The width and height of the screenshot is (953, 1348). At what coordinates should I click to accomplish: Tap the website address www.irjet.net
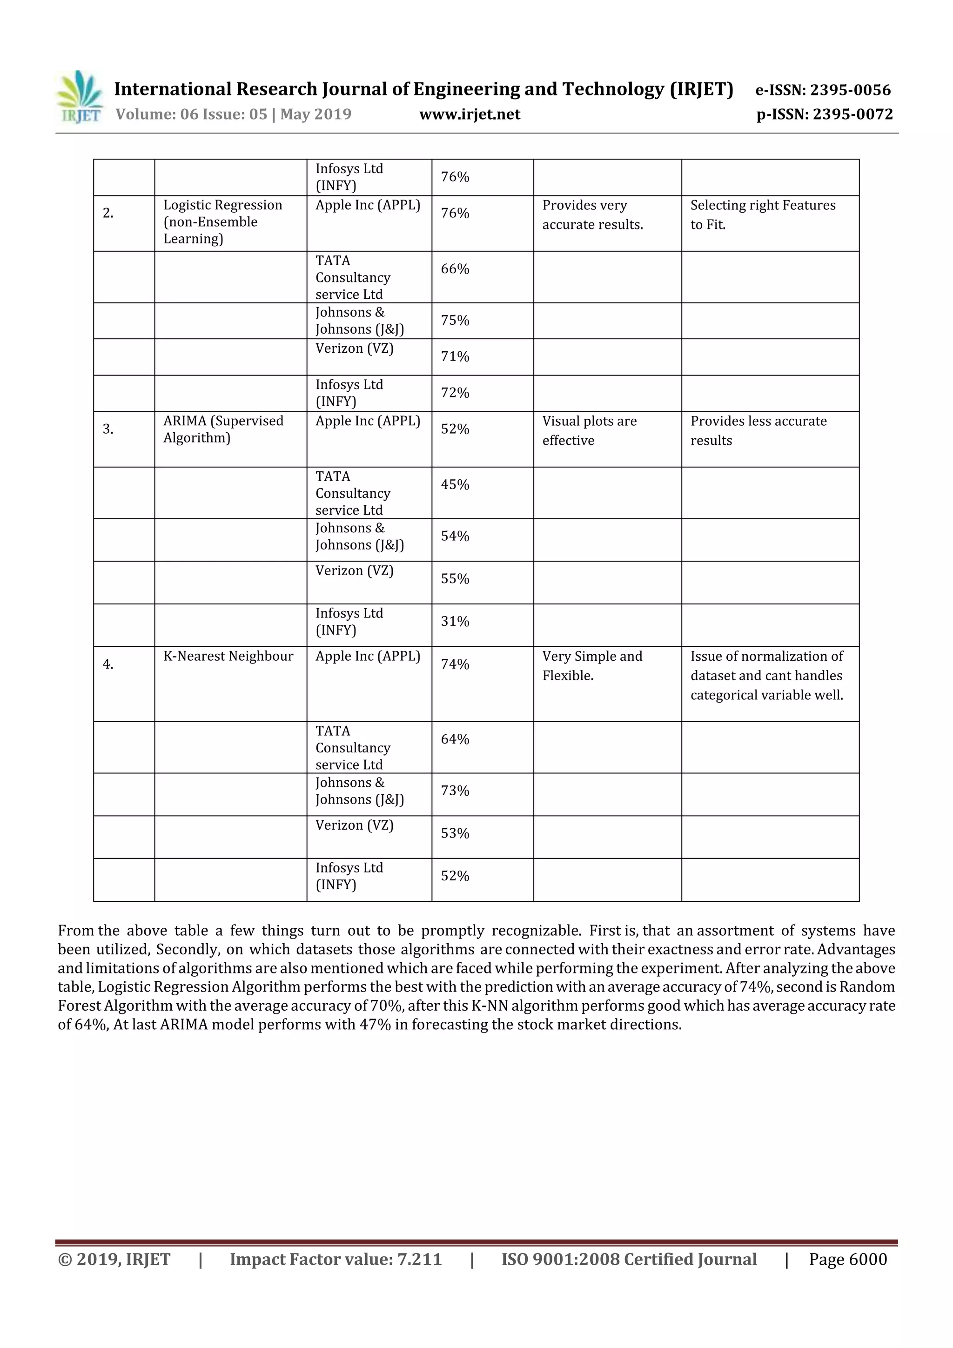[469, 114]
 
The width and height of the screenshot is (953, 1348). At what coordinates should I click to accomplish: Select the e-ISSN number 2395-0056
[823, 90]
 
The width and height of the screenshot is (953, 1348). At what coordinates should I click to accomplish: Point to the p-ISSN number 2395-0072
[825, 114]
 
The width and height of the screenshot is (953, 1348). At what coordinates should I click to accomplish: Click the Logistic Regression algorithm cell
[222, 221]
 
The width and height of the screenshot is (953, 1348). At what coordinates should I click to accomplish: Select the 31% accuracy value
[455, 621]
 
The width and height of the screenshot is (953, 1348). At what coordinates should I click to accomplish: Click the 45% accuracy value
[455, 484]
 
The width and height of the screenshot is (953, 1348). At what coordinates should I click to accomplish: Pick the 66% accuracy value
[455, 268]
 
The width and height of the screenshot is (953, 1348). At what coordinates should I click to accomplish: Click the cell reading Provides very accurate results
[592, 215]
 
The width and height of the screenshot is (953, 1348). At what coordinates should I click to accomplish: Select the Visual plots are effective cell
[589, 430]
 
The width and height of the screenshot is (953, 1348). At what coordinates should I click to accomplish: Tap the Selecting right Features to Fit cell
[762, 215]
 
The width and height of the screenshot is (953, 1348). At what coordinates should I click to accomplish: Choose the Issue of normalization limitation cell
[766, 675]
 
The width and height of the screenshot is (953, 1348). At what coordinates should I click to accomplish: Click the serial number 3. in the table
[108, 429]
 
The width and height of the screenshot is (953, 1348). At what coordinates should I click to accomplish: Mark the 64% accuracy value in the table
[455, 739]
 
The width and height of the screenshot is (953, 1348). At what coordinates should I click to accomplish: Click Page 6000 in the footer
[847, 1259]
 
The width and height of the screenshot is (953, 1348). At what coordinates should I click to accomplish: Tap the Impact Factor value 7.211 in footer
[336, 1259]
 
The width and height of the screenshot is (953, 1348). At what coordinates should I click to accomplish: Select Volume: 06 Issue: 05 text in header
[233, 114]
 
